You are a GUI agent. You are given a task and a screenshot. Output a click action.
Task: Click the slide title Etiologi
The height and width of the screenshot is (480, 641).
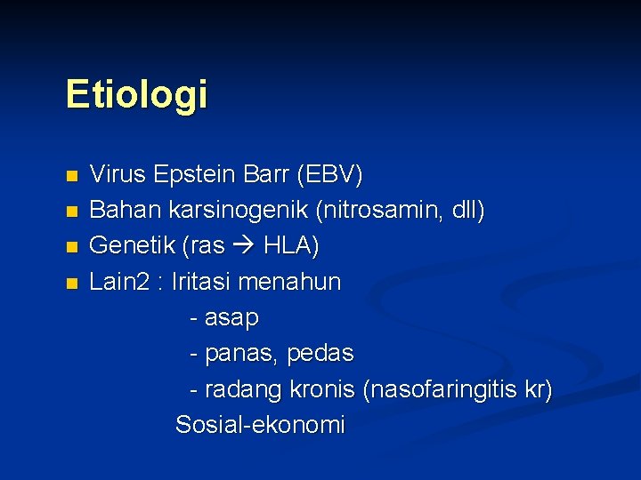[x=136, y=94]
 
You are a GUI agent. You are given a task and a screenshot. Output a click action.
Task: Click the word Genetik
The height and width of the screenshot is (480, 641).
[x=126, y=246]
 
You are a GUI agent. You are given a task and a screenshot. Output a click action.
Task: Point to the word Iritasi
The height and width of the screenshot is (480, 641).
[x=201, y=282]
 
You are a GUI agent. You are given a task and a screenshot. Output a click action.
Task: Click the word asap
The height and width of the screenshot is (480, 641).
[x=231, y=318]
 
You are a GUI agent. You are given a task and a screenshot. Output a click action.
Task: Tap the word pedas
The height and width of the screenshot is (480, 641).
[x=322, y=354]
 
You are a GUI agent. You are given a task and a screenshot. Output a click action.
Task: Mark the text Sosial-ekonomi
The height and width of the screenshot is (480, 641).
[x=260, y=425]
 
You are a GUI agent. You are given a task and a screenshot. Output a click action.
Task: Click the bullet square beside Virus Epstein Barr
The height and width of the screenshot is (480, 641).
[x=72, y=176]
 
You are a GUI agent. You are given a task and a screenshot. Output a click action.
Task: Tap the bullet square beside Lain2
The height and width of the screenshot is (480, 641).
[x=72, y=283]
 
